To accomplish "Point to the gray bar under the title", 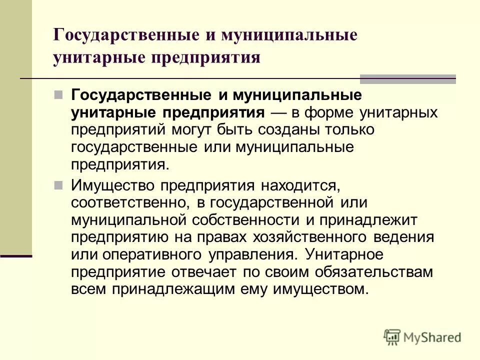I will point(408,78).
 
